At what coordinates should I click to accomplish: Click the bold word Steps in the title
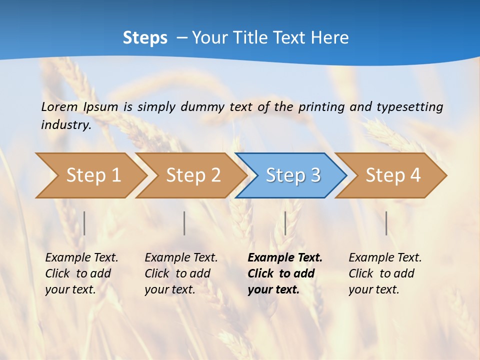coord(145,38)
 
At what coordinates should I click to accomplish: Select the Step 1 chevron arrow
coord(93,175)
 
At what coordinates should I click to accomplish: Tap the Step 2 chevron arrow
coord(193,175)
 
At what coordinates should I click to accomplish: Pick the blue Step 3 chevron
coord(292,175)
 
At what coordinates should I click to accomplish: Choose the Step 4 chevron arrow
coord(392,175)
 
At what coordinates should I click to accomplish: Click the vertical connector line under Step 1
coord(84,223)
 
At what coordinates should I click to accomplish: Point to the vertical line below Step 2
coord(184,223)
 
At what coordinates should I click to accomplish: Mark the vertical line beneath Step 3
coord(285,223)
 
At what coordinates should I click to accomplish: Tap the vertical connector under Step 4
coord(386,223)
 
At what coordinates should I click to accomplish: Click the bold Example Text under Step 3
coord(284,273)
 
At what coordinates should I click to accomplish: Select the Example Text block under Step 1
coord(81,273)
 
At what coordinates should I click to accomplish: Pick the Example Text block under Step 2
coord(180,273)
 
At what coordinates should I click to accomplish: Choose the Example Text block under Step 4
coord(384,273)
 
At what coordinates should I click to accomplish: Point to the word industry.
coord(65,125)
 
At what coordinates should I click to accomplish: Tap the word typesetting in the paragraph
coord(409,107)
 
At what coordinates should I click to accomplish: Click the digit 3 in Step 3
coord(315,175)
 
